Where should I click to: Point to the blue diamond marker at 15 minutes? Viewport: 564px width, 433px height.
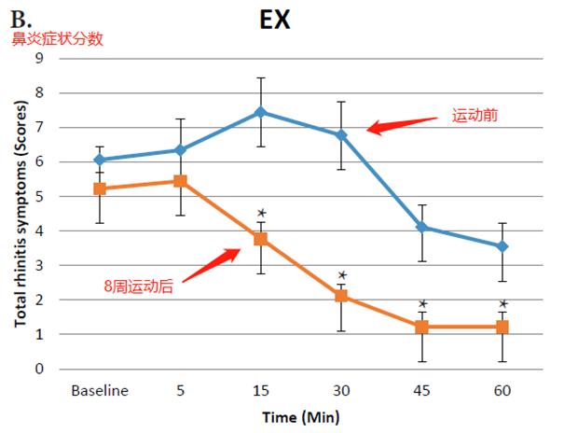261,112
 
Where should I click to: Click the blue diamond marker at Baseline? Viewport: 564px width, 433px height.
100,160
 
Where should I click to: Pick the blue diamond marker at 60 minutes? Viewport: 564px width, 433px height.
502,246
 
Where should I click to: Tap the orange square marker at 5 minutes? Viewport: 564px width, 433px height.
180,181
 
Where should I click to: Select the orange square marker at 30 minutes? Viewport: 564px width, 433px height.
341,296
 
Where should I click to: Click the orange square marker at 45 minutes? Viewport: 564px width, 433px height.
421,328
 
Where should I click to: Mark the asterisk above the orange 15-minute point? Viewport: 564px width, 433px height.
262,214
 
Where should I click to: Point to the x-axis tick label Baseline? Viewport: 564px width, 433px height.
100,390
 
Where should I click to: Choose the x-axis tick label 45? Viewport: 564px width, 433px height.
421,390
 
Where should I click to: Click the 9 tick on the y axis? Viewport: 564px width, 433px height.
39,58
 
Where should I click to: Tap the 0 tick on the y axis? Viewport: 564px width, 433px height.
39,369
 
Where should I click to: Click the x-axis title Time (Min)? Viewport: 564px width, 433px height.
301,416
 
